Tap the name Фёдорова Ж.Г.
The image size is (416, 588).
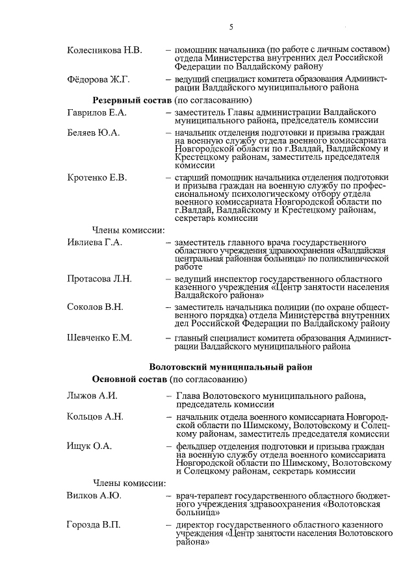point(99,79)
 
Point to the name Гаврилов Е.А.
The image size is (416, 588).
point(97,112)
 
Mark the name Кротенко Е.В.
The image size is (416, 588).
point(97,177)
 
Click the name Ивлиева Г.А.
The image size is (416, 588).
point(95,242)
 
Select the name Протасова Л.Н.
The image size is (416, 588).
point(99,279)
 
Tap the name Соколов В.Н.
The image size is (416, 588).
point(95,306)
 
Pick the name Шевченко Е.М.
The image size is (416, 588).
point(99,337)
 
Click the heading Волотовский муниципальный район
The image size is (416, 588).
point(231,366)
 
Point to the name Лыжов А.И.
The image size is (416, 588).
point(92,396)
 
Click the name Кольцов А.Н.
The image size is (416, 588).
point(95,416)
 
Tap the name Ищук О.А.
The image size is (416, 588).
point(90,446)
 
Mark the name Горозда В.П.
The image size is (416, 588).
point(94,524)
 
